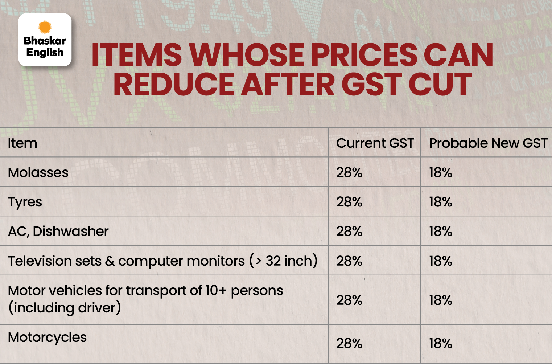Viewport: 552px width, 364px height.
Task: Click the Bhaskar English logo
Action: pyautogui.click(x=45, y=40)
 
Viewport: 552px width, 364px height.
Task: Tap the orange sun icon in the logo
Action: pyautogui.click(x=45, y=27)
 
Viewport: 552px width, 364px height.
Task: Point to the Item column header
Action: pyautogui.click(x=22, y=143)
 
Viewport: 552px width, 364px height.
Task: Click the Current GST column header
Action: pyautogui.click(x=375, y=143)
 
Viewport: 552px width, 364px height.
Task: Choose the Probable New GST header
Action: pyautogui.click(x=488, y=143)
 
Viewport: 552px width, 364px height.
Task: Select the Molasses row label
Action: pyautogui.click(x=38, y=172)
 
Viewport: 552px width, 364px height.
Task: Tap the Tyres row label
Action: pyautogui.click(x=25, y=202)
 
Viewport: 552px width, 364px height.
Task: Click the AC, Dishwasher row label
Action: pyautogui.click(x=58, y=231)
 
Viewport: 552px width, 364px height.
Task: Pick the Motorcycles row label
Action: pyautogui.click(x=47, y=338)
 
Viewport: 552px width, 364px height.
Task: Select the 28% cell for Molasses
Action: pyautogui.click(x=349, y=172)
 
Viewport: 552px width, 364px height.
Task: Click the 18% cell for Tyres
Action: pyautogui.click(x=441, y=202)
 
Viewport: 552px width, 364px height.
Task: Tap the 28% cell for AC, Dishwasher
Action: pyautogui.click(x=349, y=231)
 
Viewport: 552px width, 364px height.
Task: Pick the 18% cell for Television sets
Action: pyautogui.click(x=441, y=261)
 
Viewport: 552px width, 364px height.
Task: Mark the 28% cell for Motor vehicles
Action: pyautogui.click(x=349, y=300)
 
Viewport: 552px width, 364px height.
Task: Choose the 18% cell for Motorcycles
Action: pyautogui.click(x=441, y=343)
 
